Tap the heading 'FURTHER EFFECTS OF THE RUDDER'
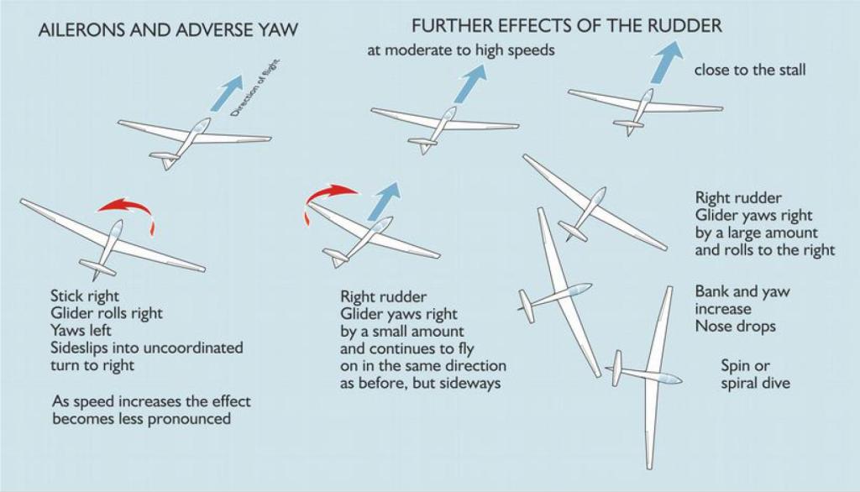click(x=566, y=25)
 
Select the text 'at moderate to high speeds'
click(x=461, y=50)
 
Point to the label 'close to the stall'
click(x=750, y=70)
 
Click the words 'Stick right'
click(x=85, y=296)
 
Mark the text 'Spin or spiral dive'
click(x=755, y=374)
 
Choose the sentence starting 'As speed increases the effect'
click(x=151, y=401)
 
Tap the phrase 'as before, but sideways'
click(x=420, y=383)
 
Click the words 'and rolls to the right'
click(x=765, y=249)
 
